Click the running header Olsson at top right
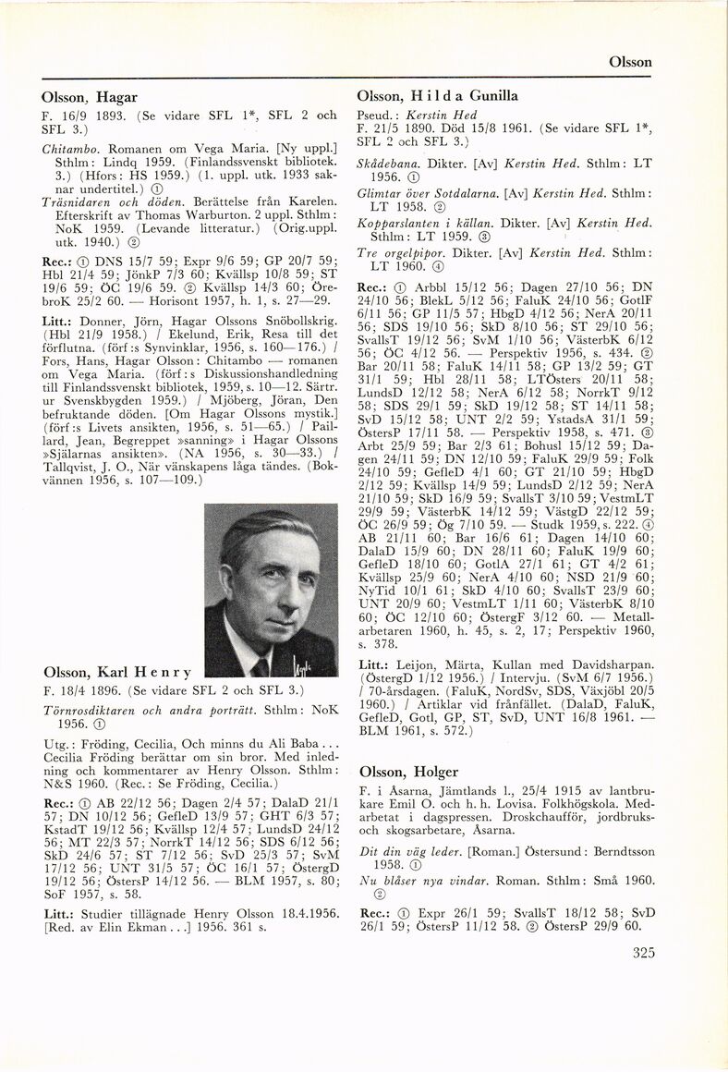(x=631, y=62)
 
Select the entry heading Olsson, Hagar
(x=90, y=97)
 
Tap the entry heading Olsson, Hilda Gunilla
(x=437, y=96)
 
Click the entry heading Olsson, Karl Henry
(x=117, y=671)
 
